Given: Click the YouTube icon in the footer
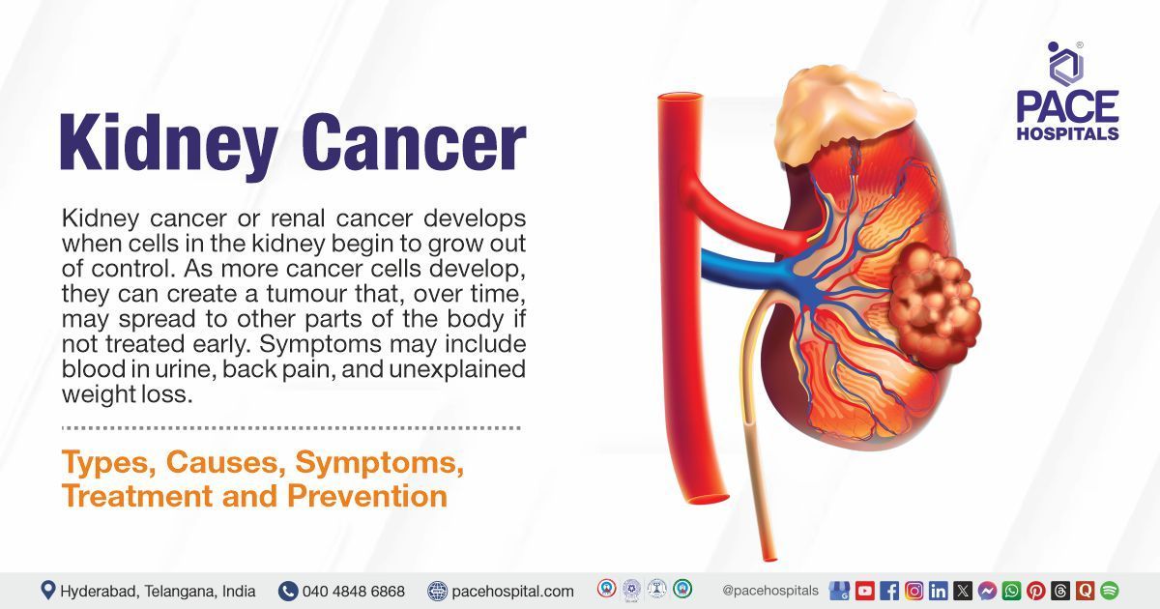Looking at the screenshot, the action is (865, 591).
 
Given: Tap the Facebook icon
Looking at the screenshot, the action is (889, 591).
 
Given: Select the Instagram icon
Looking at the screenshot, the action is (914, 591).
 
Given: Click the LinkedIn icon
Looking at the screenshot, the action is (939, 591).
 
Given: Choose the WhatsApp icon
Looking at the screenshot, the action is (1011, 591).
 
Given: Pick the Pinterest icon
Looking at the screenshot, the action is (1035, 591).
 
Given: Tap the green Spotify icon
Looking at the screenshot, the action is (1110, 591).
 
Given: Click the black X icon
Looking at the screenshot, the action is (963, 591).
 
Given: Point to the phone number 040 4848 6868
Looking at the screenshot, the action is (354, 591).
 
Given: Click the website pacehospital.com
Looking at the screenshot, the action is (512, 592).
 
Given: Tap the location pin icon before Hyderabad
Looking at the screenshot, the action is (47, 591).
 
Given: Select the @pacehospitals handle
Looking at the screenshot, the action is (770, 591).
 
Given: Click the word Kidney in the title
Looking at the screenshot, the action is (169, 143).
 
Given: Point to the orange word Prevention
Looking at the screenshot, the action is (367, 496).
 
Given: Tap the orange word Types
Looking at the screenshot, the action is (108, 463).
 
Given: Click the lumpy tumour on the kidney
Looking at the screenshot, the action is (936, 304).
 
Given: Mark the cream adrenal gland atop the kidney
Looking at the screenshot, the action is (844, 113).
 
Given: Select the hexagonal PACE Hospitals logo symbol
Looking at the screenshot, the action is (1065, 64).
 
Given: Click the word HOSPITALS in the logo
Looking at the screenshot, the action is (1068, 133).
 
